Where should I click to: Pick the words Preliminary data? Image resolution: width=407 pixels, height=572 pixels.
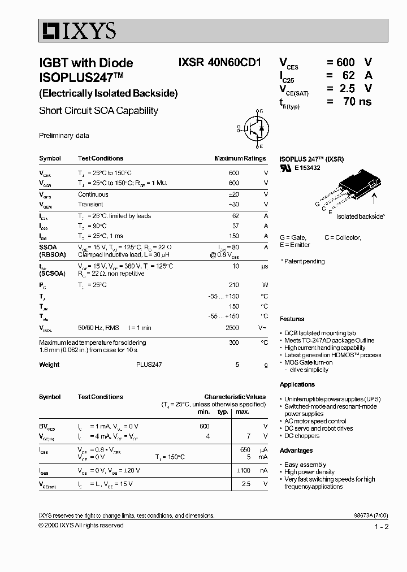64,136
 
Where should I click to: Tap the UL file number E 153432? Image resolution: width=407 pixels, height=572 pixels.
307,168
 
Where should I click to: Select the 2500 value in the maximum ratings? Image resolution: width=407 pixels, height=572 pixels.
232,328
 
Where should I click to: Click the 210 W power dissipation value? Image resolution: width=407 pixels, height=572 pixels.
233,285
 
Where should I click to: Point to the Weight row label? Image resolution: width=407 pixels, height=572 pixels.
49,365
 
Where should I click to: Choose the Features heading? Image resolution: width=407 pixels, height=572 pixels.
292,319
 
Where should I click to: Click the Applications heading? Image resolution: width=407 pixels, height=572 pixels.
297,384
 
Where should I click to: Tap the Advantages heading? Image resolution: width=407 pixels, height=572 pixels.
296,450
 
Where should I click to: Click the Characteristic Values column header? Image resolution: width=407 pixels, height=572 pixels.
235,397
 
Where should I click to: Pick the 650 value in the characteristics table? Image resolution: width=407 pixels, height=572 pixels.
245,449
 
